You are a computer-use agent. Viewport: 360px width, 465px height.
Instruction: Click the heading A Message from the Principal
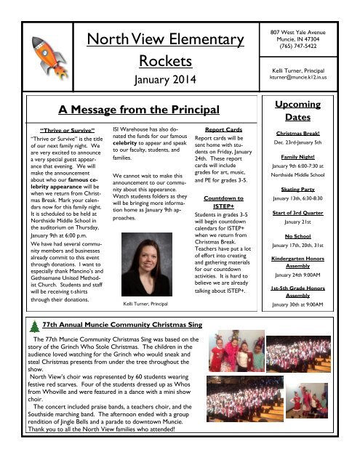138,110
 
